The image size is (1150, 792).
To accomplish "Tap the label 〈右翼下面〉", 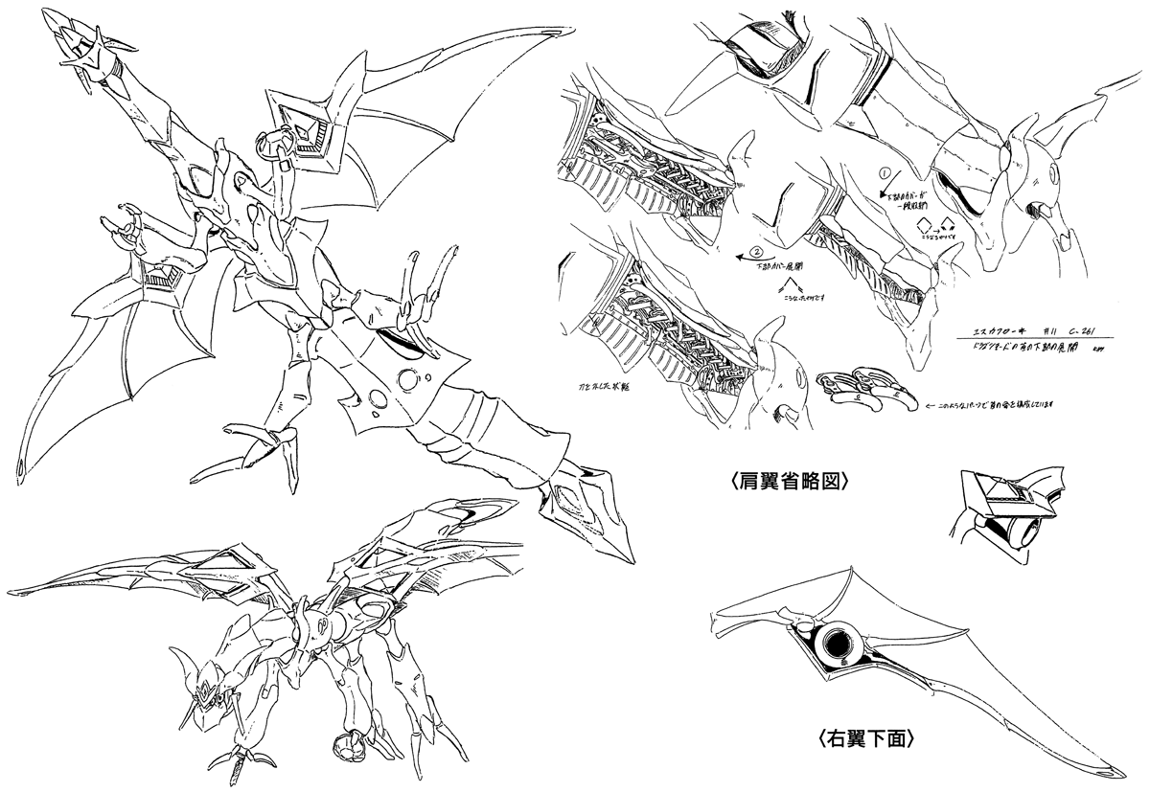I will coord(872,738).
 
